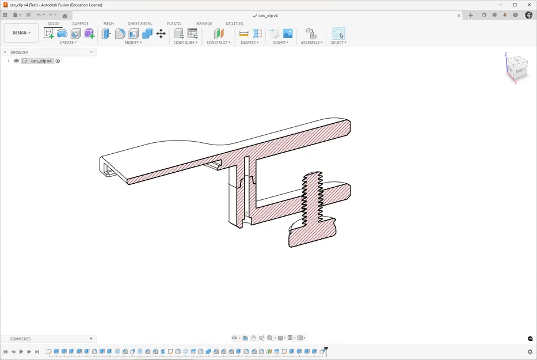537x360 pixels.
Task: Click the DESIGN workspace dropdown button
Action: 21,33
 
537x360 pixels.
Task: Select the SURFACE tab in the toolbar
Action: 81,24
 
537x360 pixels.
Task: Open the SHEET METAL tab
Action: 140,24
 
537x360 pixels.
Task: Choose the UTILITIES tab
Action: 234,24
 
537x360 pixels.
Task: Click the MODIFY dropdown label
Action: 134,43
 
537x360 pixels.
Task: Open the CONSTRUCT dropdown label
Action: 219,43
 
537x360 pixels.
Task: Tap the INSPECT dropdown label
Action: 249,43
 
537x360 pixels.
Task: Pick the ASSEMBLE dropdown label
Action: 311,43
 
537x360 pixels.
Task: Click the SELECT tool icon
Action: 338,33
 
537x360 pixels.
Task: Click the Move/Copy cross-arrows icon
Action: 161,33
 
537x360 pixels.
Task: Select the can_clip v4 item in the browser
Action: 41,60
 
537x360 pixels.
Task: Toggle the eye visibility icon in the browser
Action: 16,60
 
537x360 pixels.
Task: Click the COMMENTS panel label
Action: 21,339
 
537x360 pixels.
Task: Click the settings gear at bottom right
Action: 530,351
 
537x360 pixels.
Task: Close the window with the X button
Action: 528,5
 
